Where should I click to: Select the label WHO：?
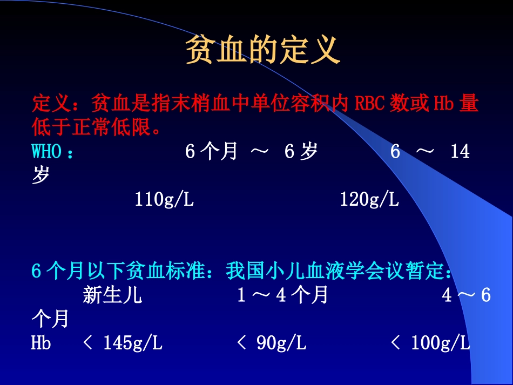pyautogui.click(x=53, y=152)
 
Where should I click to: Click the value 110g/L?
pyautogui.click(x=164, y=200)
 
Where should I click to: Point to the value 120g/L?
pyautogui.click(x=369, y=200)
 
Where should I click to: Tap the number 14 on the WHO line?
pyautogui.click(x=460, y=152)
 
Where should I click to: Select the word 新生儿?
pyautogui.click(x=112, y=295)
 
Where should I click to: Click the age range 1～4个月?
pyautogui.click(x=282, y=295)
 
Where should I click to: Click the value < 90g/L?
pyautogui.click(x=272, y=342)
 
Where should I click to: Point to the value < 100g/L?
pyautogui.click(x=430, y=342)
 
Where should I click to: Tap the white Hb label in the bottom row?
pyautogui.click(x=41, y=342)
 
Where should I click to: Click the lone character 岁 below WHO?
pyautogui.click(x=40, y=175)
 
